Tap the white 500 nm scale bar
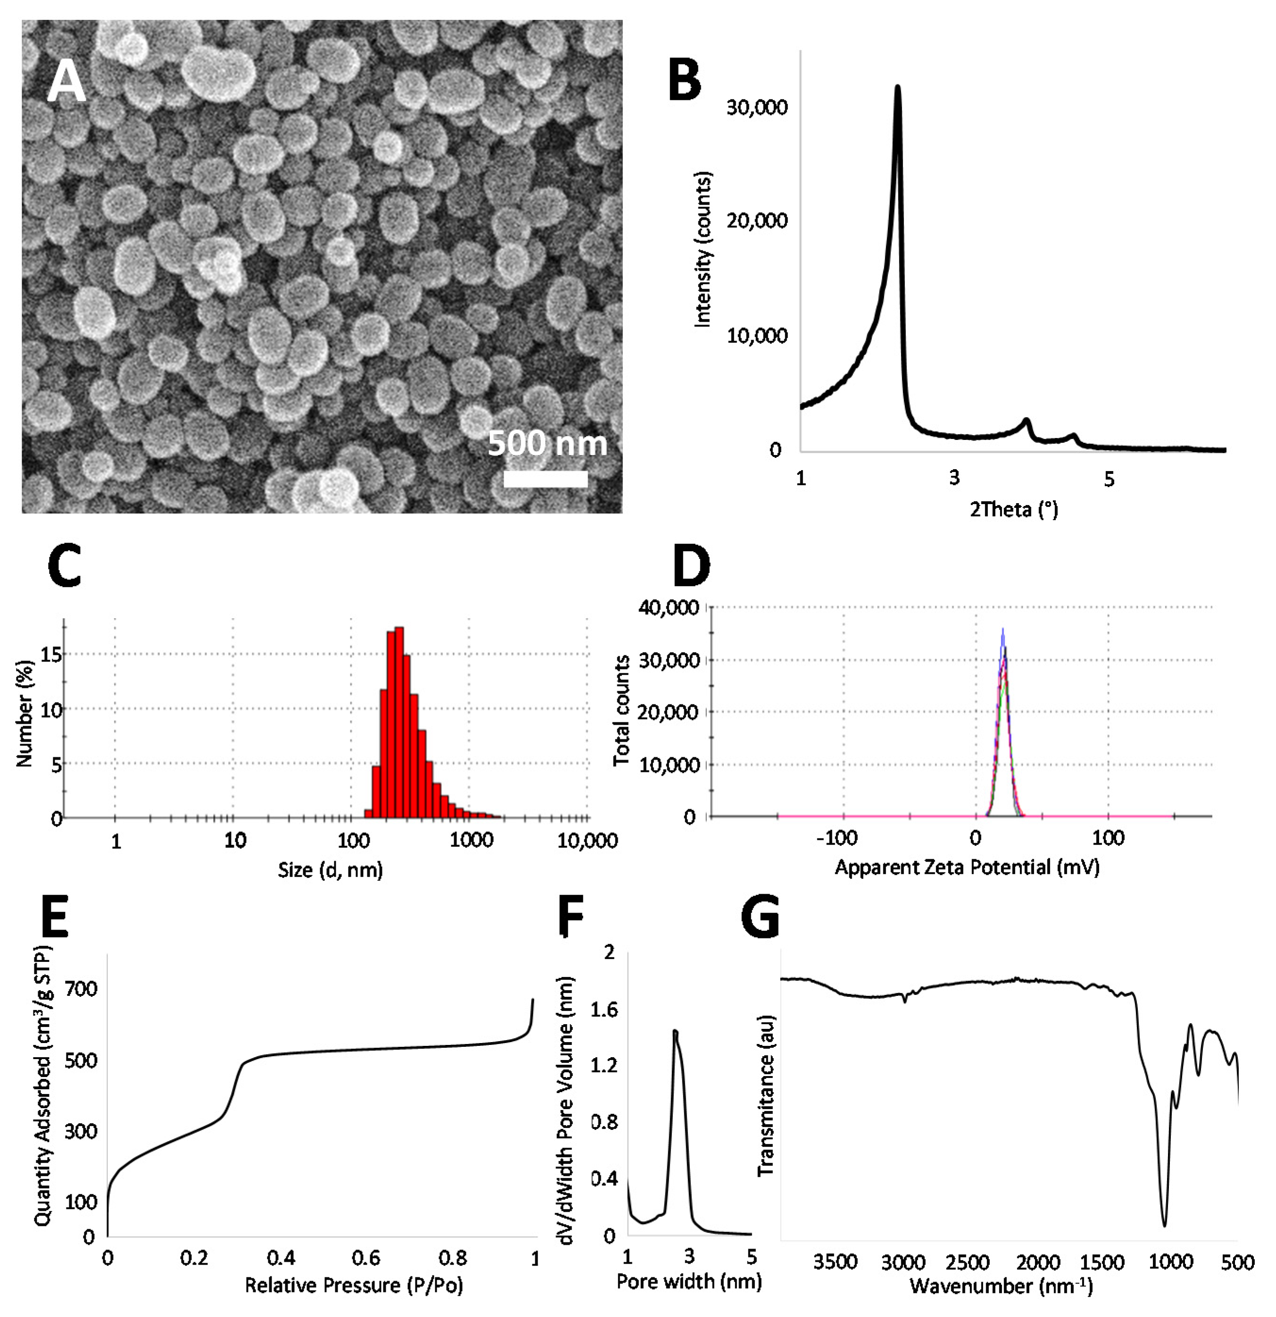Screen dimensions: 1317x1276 coord(545,479)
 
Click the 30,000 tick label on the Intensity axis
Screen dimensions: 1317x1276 coord(757,108)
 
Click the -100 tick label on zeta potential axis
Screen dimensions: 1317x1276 coord(837,838)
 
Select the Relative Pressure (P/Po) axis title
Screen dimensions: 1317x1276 coord(354,1285)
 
